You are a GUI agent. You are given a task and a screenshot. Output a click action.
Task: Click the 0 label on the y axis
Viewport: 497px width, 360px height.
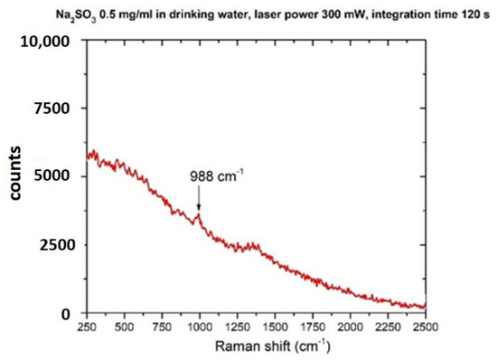(x=64, y=314)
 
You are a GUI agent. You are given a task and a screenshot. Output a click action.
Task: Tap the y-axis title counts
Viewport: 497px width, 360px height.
(x=15, y=177)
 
